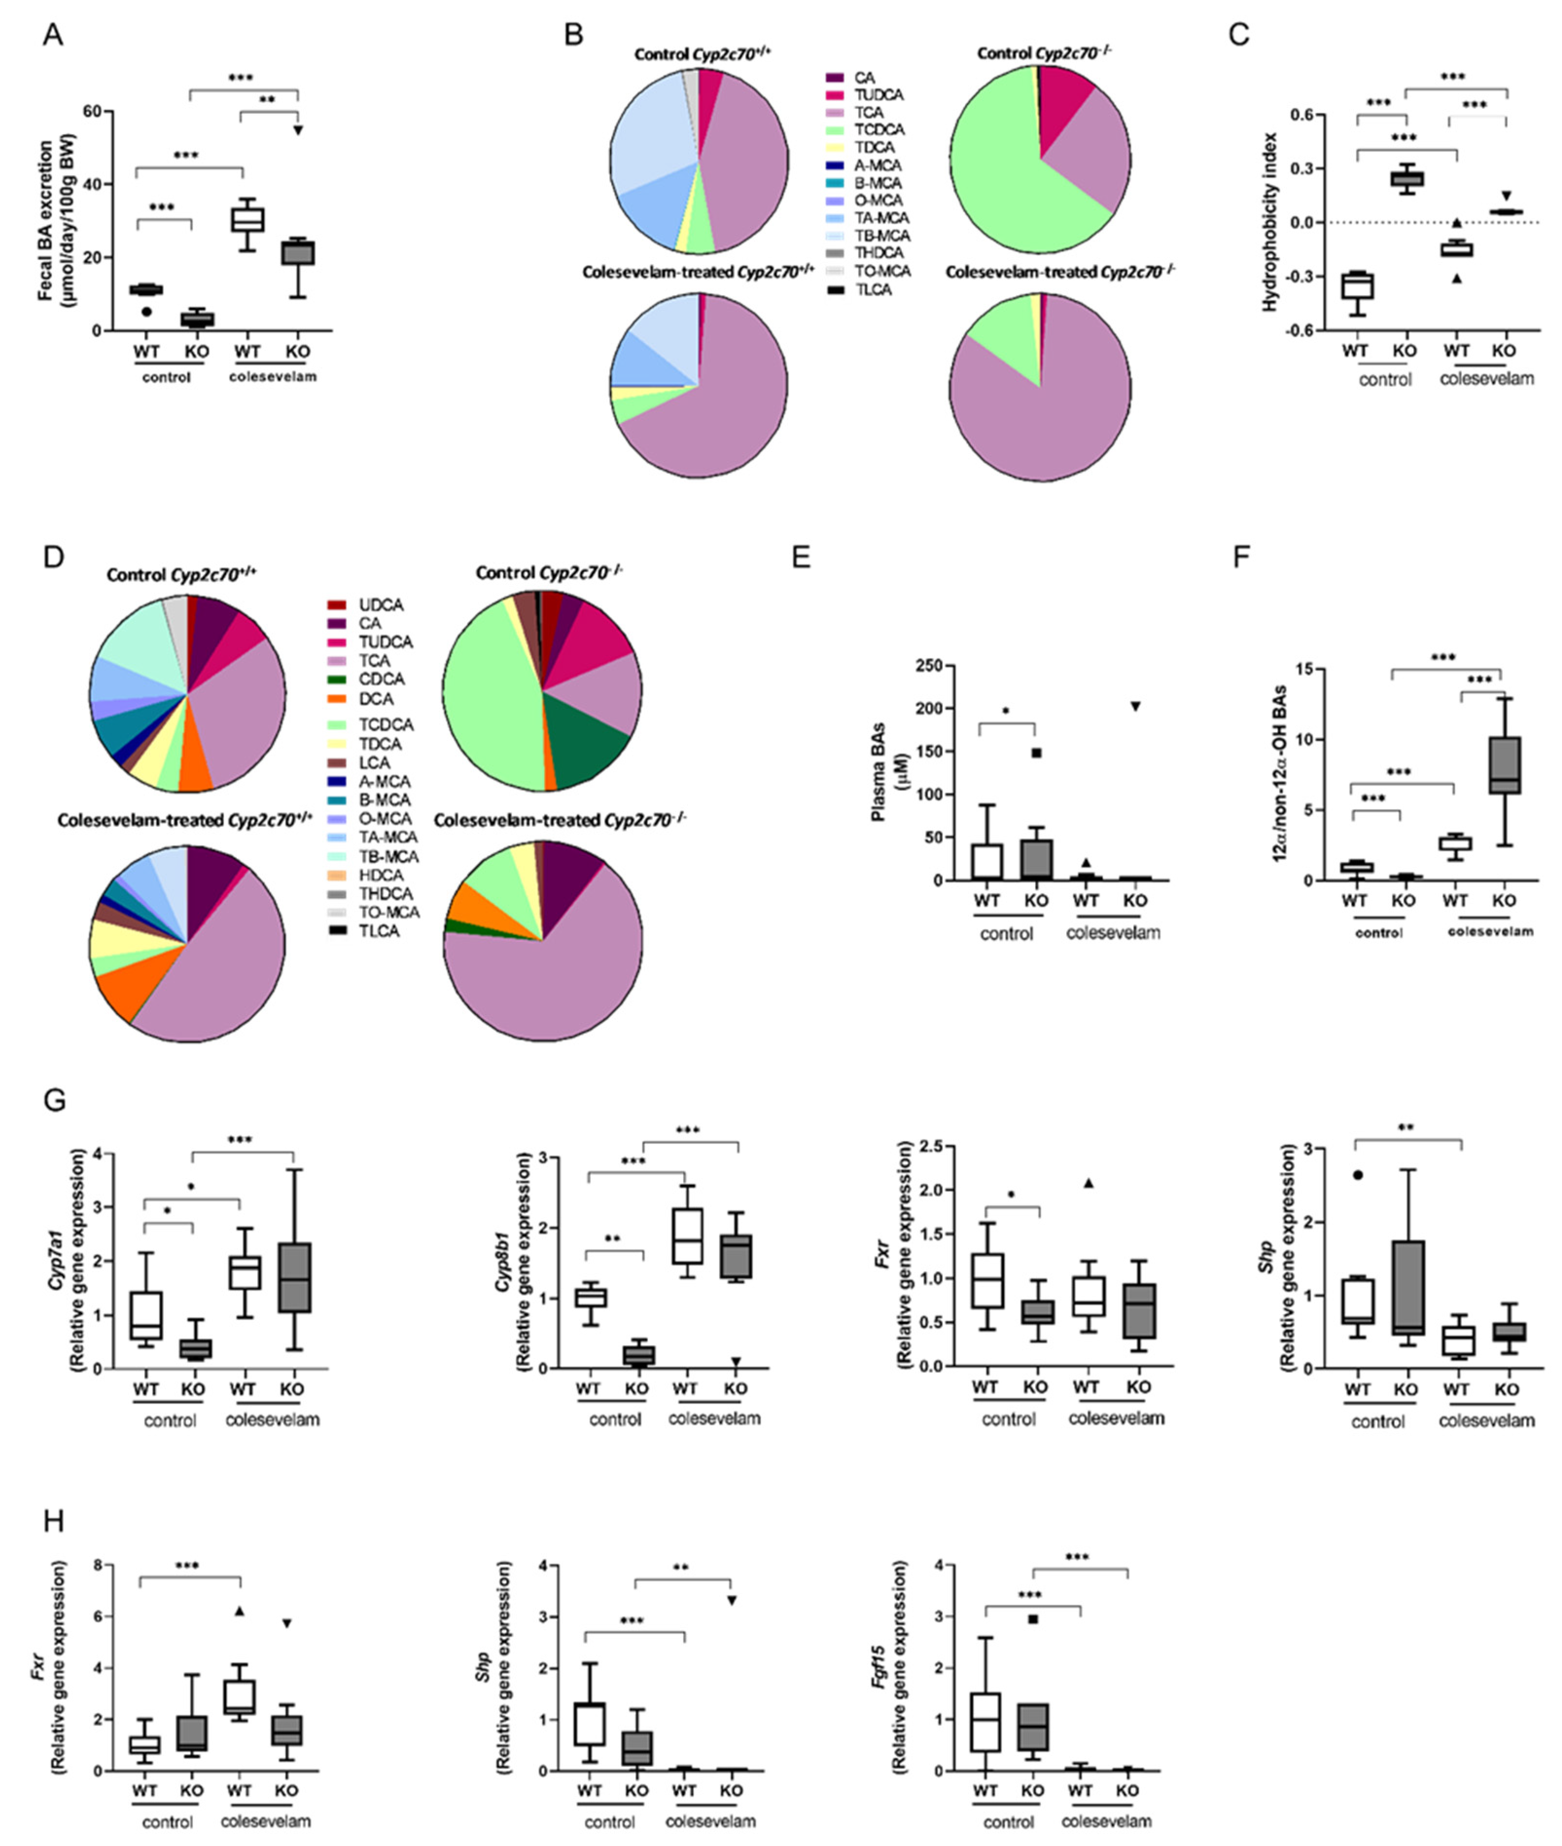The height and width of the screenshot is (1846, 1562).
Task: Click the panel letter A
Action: pyautogui.click(x=53, y=35)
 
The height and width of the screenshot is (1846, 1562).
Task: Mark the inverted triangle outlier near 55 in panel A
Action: pyautogui.click(x=298, y=130)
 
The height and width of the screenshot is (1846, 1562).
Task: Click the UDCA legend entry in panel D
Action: pyautogui.click(x=381, y=605)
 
